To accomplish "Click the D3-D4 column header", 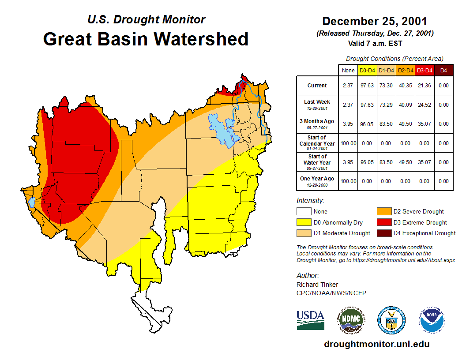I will [x=424, y=70].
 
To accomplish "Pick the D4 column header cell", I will [x=443, y=70].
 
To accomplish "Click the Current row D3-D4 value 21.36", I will [x=424, y=86].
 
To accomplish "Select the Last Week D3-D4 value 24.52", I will [x=424, y=105].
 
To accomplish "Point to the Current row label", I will [x=317, y=86].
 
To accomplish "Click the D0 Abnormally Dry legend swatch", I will [x=303, y=222].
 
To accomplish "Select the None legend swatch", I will [x=303, y=212].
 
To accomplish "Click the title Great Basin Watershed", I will [x=146, y=39].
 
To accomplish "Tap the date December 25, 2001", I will [x=375, y=21].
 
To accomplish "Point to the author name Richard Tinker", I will [x=317, y=285].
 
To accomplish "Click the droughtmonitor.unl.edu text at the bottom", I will [x=376, y=344].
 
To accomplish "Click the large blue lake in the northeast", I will [x=223, y=131].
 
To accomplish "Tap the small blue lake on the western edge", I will [x=31, y=202].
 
